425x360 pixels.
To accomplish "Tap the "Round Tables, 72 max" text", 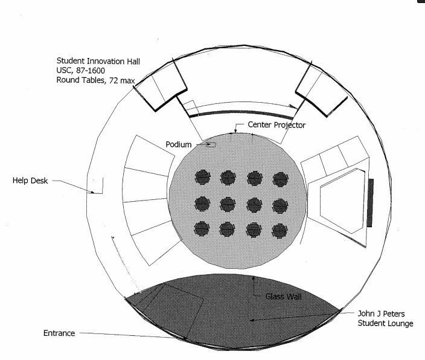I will [x=95, y=80].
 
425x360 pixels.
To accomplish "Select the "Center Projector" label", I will [x=277, y=125].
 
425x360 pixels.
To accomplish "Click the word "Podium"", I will [x=179, y=144].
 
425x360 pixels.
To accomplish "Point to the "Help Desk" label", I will [x=31, y=180].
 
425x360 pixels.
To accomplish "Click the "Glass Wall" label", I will [x=283, y=297].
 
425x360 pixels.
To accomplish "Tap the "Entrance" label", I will [x=59, y=333].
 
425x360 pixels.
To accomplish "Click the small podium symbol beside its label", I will [x=210, y=144].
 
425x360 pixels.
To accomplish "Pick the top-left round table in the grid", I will [x=202, y=177].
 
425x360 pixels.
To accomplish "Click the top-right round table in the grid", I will [x=281, y=179].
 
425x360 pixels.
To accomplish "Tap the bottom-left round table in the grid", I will [x=202, y=229].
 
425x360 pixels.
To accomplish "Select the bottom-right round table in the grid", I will [x=280, y=230].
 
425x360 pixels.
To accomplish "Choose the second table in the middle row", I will [x=228, y=204].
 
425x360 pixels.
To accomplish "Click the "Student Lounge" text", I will [x=385, y=324].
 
